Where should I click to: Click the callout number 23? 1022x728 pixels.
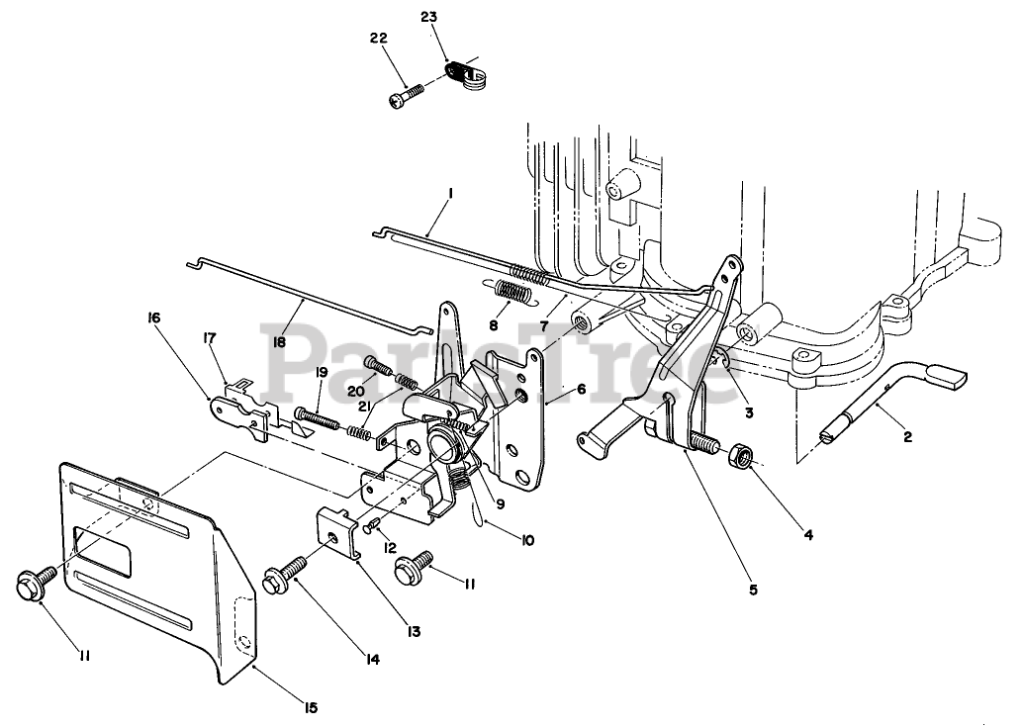pyautogui.click(x=427, y=17)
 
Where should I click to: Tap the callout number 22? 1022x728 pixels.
pyautogui.click(x=379, y=38)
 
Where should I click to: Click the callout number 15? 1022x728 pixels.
pyautogui.click(x=311, y=706)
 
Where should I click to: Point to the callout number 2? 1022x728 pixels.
pyautogui.click(x=907, y=435)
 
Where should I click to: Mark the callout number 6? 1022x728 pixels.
pyautogui.click(x=582, y=390)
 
